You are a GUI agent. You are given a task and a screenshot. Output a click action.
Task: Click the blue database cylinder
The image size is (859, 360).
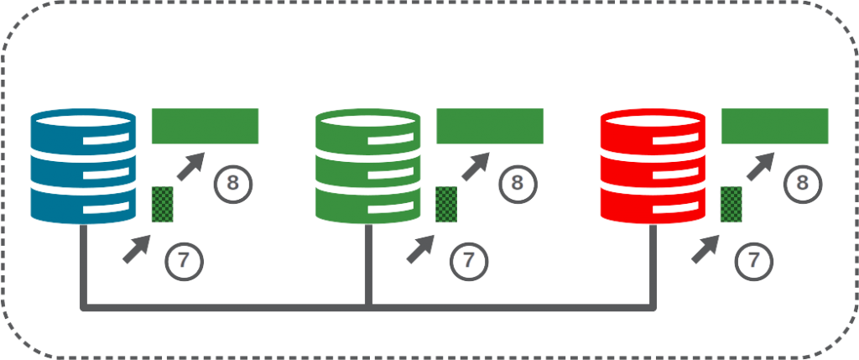click(83, 166)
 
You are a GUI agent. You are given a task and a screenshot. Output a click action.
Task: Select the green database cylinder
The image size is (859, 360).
click(368, 166)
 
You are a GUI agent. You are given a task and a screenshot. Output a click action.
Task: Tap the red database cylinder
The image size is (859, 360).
click(653, 166)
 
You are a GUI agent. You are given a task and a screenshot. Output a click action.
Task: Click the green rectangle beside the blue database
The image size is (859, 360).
click(205, 126)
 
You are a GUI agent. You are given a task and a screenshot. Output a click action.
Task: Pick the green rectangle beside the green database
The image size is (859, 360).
click(490, 126)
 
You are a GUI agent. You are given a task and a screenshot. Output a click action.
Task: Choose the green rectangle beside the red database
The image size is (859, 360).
click(774, 126)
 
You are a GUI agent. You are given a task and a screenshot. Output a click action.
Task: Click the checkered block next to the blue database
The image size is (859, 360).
click(162, 205)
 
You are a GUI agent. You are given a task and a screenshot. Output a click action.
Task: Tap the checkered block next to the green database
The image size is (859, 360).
click(446, 205)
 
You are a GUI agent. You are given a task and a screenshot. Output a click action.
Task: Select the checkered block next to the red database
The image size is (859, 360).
click(731, 205)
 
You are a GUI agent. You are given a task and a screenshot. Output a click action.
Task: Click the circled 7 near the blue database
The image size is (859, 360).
click(184, 261)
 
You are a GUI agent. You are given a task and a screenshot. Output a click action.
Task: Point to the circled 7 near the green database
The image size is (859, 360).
click(469, 261)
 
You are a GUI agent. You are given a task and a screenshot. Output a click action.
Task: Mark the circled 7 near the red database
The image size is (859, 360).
click(754, 261)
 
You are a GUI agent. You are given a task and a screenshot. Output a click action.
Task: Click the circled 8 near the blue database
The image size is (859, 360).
click(233, 184)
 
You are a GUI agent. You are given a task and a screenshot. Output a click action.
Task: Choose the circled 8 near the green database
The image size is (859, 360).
click(518, 184)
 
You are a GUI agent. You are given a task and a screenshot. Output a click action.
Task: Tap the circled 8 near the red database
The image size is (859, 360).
click(803, 184)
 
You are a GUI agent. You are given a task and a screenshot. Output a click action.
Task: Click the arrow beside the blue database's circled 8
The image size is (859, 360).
click(190, 167)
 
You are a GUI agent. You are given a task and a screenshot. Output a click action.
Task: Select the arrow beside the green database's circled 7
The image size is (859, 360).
click(421, 249)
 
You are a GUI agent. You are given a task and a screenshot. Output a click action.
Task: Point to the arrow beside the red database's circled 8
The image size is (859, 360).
click(760, 167)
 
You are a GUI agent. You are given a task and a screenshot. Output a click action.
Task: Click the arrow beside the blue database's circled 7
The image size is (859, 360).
click(137, 249)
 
